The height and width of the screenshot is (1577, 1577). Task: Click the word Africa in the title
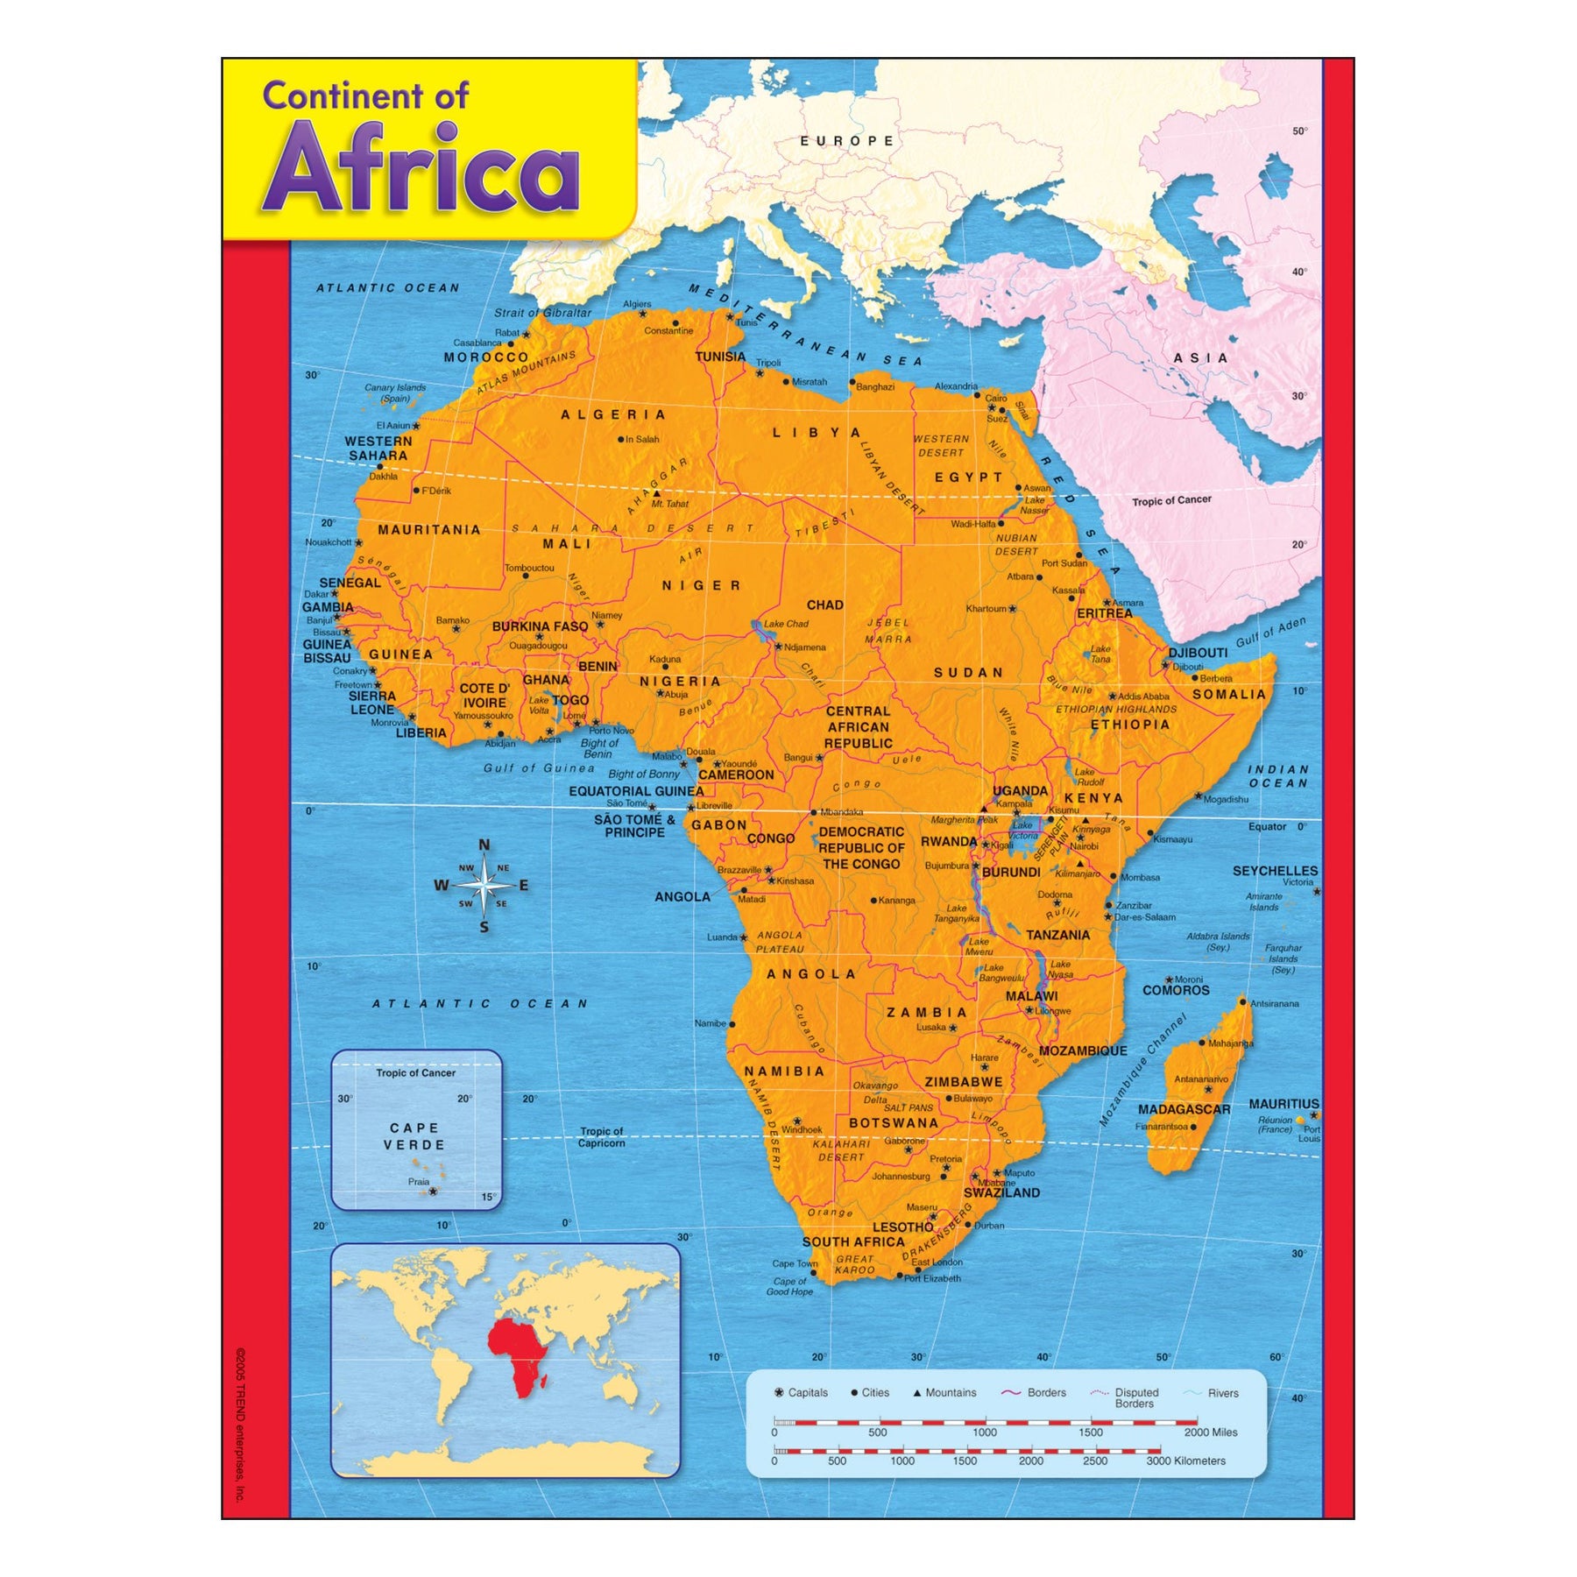[x=421, y=168]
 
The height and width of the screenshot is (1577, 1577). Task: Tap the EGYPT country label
[x=968, y=477]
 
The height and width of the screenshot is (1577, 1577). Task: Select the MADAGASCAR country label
[x=1184, y=1109]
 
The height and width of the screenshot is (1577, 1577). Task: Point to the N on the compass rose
[x=484, y=845]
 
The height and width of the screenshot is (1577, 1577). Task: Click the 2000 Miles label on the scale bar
[x=1211, y=1432]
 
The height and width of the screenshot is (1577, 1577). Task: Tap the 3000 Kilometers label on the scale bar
[x=1186, y=1460]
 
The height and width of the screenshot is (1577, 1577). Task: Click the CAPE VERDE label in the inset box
[x=415, y=1136]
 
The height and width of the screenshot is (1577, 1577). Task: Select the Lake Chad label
[x=786, y=624]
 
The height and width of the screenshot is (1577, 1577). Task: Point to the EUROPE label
[x=847, y=141]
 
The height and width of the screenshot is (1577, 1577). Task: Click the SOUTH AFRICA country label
[x=852, y=1241]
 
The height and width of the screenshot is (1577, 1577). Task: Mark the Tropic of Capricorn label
[x=601, y=1137]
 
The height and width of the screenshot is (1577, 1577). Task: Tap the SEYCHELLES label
[x=1275, y=871]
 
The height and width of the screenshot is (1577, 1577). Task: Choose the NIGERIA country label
[x=680, y=682]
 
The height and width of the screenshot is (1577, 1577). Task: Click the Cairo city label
[x=996, y=398]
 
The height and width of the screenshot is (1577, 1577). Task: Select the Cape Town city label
[x=794, y=1263]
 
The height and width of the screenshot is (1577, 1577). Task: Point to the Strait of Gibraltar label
[x=542, y=313]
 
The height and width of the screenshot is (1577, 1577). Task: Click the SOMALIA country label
[x=1229, y=695]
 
